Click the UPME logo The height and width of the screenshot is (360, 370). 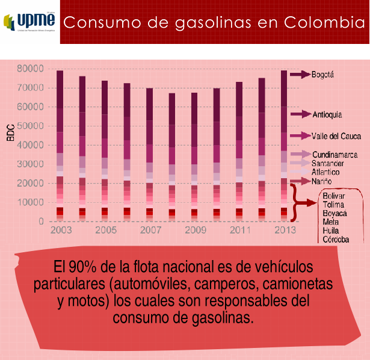tap(29, 22)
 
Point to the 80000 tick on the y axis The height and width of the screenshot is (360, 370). tap(31, 69)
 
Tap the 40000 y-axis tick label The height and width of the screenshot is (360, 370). tap(31, 145)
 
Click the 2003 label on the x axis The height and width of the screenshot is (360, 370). tap(61, 231)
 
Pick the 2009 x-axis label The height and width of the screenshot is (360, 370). tap(195, 231)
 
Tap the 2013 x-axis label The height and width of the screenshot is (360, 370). tap(284, 231)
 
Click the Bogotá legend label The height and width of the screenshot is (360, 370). tap(322, 75)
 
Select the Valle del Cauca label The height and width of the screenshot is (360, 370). tap(336, 135)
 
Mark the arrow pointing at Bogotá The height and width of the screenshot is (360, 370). tap(299, 75)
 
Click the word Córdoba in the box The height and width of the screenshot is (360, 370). tap(336, 239)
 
